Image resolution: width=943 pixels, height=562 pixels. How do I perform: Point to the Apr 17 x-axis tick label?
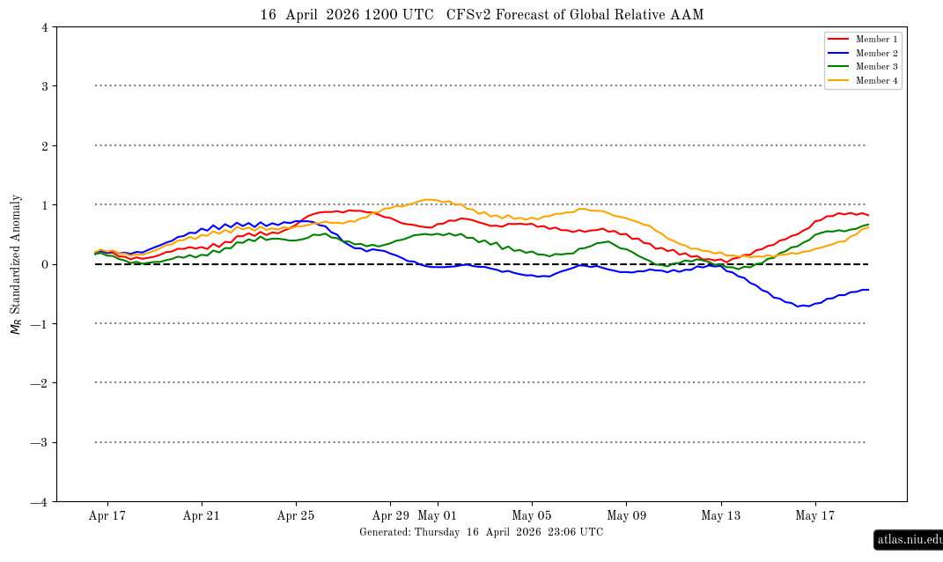(x=107, y=516)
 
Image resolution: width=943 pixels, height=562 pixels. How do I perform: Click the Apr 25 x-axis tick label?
(x=296, y=516)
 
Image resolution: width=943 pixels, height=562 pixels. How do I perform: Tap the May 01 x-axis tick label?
(x=437, y=516)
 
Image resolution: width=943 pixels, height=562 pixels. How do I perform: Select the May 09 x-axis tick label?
(x=626, y=516)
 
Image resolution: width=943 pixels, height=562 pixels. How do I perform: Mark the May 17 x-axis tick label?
(x=815, y=516)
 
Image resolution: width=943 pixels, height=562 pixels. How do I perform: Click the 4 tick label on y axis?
(x=44, y=27)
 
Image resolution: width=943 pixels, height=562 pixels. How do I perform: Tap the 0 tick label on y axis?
(x=44, y=264)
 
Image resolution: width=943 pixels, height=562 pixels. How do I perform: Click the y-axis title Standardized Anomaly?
(x=16, y=264)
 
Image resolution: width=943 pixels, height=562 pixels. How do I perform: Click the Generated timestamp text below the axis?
(x=481, y=532)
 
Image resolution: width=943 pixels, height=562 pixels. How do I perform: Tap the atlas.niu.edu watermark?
(x=909, y=539)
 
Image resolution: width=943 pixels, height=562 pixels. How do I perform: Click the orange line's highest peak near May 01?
(x=429, y=199)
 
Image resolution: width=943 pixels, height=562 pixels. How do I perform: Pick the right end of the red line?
(x=868, y=215)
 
